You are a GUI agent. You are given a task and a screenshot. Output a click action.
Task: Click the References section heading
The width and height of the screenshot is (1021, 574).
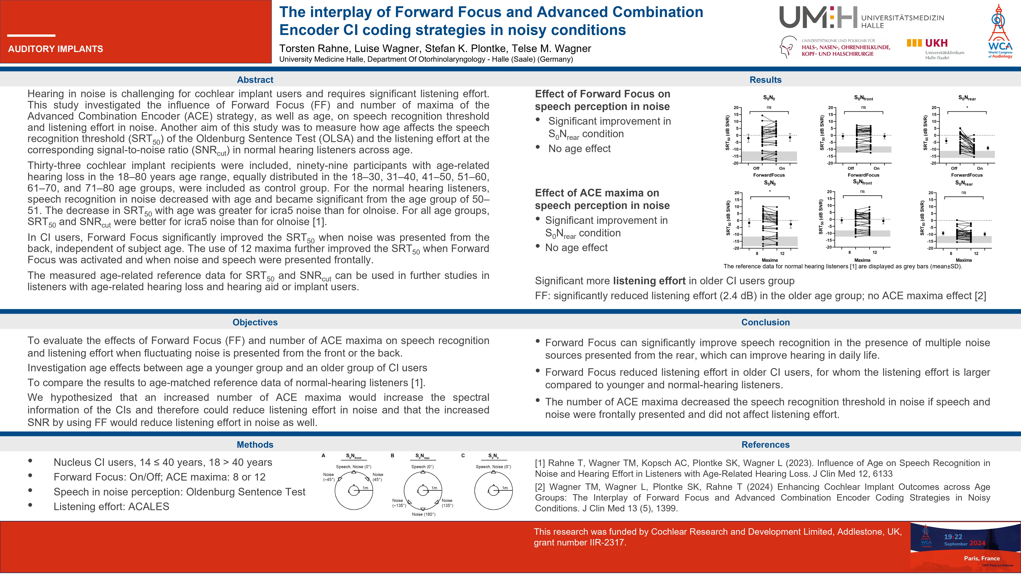coord(765,444)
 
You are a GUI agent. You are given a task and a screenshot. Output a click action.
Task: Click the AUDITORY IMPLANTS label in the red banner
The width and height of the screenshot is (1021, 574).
coord(55,49)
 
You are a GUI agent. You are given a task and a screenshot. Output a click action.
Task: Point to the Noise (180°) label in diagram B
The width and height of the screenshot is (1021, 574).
coord(423,514)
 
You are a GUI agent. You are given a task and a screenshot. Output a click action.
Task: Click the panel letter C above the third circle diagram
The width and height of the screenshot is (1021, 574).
coord(463,456)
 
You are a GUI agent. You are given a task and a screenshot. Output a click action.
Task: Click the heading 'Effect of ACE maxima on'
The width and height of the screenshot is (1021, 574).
coord(597,193)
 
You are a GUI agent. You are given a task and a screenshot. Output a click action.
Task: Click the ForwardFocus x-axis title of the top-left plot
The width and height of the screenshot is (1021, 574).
coord(769,175)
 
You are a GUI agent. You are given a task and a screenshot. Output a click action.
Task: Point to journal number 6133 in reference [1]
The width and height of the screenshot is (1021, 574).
coord(882,474)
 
